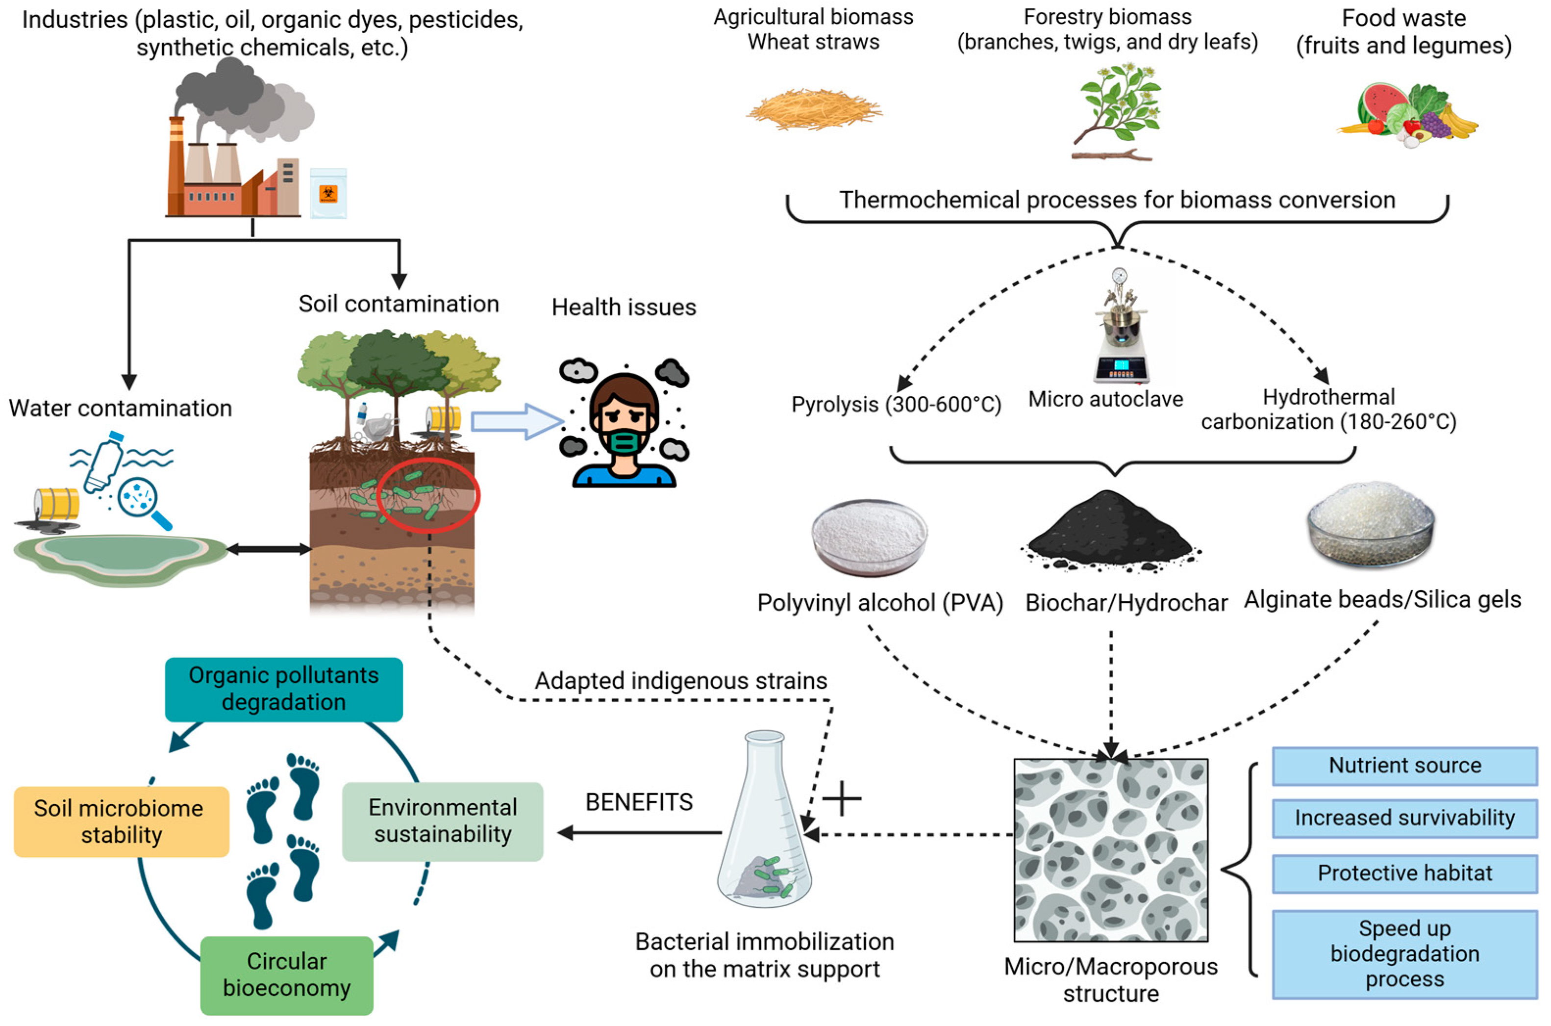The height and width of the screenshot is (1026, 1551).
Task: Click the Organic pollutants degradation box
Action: [283, 689]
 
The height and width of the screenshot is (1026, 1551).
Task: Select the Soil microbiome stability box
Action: [121, 822]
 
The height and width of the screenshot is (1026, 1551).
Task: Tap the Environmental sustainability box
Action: [443, 821]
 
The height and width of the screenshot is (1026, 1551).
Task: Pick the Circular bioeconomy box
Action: [286, 975]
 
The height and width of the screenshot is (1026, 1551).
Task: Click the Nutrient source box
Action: [1404, 766]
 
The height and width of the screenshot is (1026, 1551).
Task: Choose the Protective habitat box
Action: [1404, 873]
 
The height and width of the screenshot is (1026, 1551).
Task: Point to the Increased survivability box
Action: [1404, 818]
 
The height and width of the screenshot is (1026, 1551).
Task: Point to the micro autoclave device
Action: [1120, 327]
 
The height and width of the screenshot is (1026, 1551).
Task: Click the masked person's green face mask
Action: [624, 442]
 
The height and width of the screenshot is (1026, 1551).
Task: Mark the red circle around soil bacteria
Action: [429, 495]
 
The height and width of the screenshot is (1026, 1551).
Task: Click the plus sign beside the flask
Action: [842, 798]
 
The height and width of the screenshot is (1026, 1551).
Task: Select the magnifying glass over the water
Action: [143, 501]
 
